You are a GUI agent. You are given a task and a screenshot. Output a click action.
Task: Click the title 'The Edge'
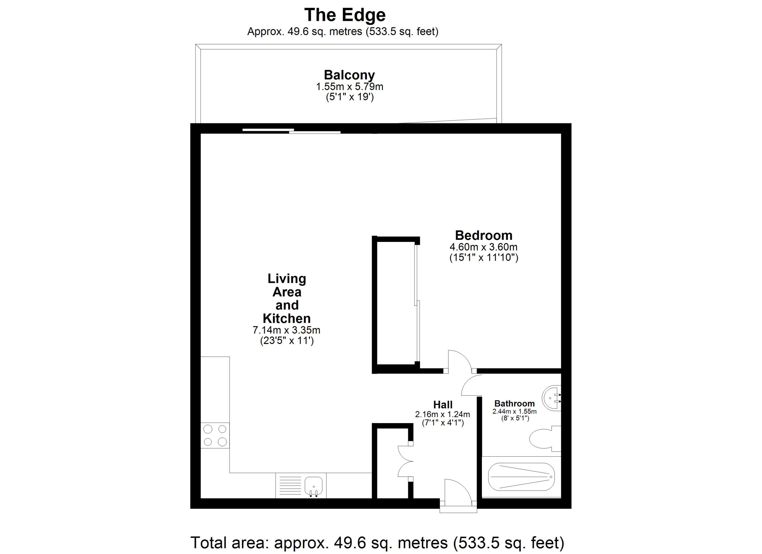click(x=345, y=15)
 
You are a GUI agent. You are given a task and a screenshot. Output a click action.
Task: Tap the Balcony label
click(x=349, y=75)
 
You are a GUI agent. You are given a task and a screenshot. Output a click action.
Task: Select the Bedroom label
click(x=483, y=235)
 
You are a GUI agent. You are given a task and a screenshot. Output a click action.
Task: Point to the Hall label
click(x=443, y=405)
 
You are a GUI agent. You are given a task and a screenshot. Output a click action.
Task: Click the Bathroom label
click(x=514, y=403)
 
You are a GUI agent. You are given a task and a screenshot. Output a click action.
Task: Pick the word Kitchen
click(x=287, y=318)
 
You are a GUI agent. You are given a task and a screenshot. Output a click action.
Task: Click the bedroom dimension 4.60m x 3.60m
click(x=483, y=248)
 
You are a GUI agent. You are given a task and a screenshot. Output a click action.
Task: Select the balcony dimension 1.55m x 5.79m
click(x=349, y=87)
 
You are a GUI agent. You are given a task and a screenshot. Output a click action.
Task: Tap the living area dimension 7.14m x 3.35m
click(x=286, y=330)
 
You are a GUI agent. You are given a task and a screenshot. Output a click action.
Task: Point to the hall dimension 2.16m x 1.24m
click(x=443, y=415)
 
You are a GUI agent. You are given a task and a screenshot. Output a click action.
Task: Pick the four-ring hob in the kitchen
click(x=215, y=436)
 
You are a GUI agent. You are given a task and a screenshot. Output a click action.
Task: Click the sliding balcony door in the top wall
click(x=291, y=131)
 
